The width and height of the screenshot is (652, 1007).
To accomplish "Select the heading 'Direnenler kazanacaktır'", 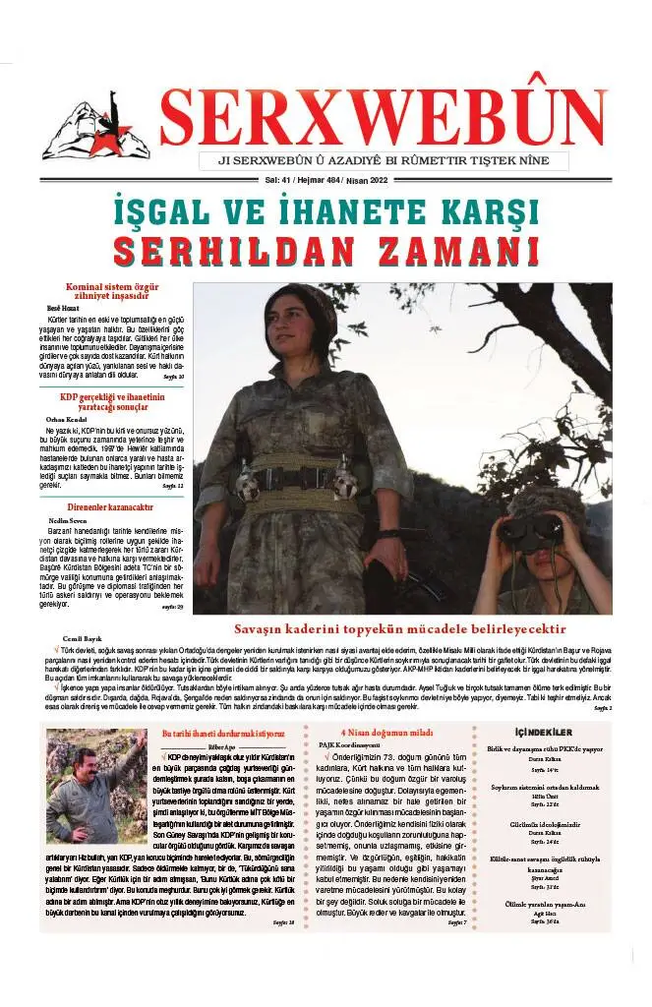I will pos(107,506).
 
